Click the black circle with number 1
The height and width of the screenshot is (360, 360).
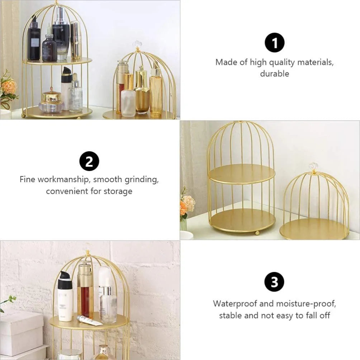[x=274, y=43]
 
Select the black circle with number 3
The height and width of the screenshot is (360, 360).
[x=274, y=282]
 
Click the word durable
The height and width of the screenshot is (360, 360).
[x=274, y=74]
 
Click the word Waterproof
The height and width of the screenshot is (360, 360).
[x=235, y=304]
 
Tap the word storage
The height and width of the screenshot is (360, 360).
[x=118, y=191]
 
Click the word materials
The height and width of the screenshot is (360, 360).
[x=315, y=62]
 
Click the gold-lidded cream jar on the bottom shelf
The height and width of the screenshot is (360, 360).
[x=51, y=102]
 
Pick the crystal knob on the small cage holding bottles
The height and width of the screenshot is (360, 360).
[x=137, y=44]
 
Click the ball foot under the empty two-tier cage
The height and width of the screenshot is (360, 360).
[x=257, y=233]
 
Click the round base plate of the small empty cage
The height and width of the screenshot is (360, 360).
[x=313, y=229]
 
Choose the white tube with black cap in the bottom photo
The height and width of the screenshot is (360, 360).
[x=65, y=297]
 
